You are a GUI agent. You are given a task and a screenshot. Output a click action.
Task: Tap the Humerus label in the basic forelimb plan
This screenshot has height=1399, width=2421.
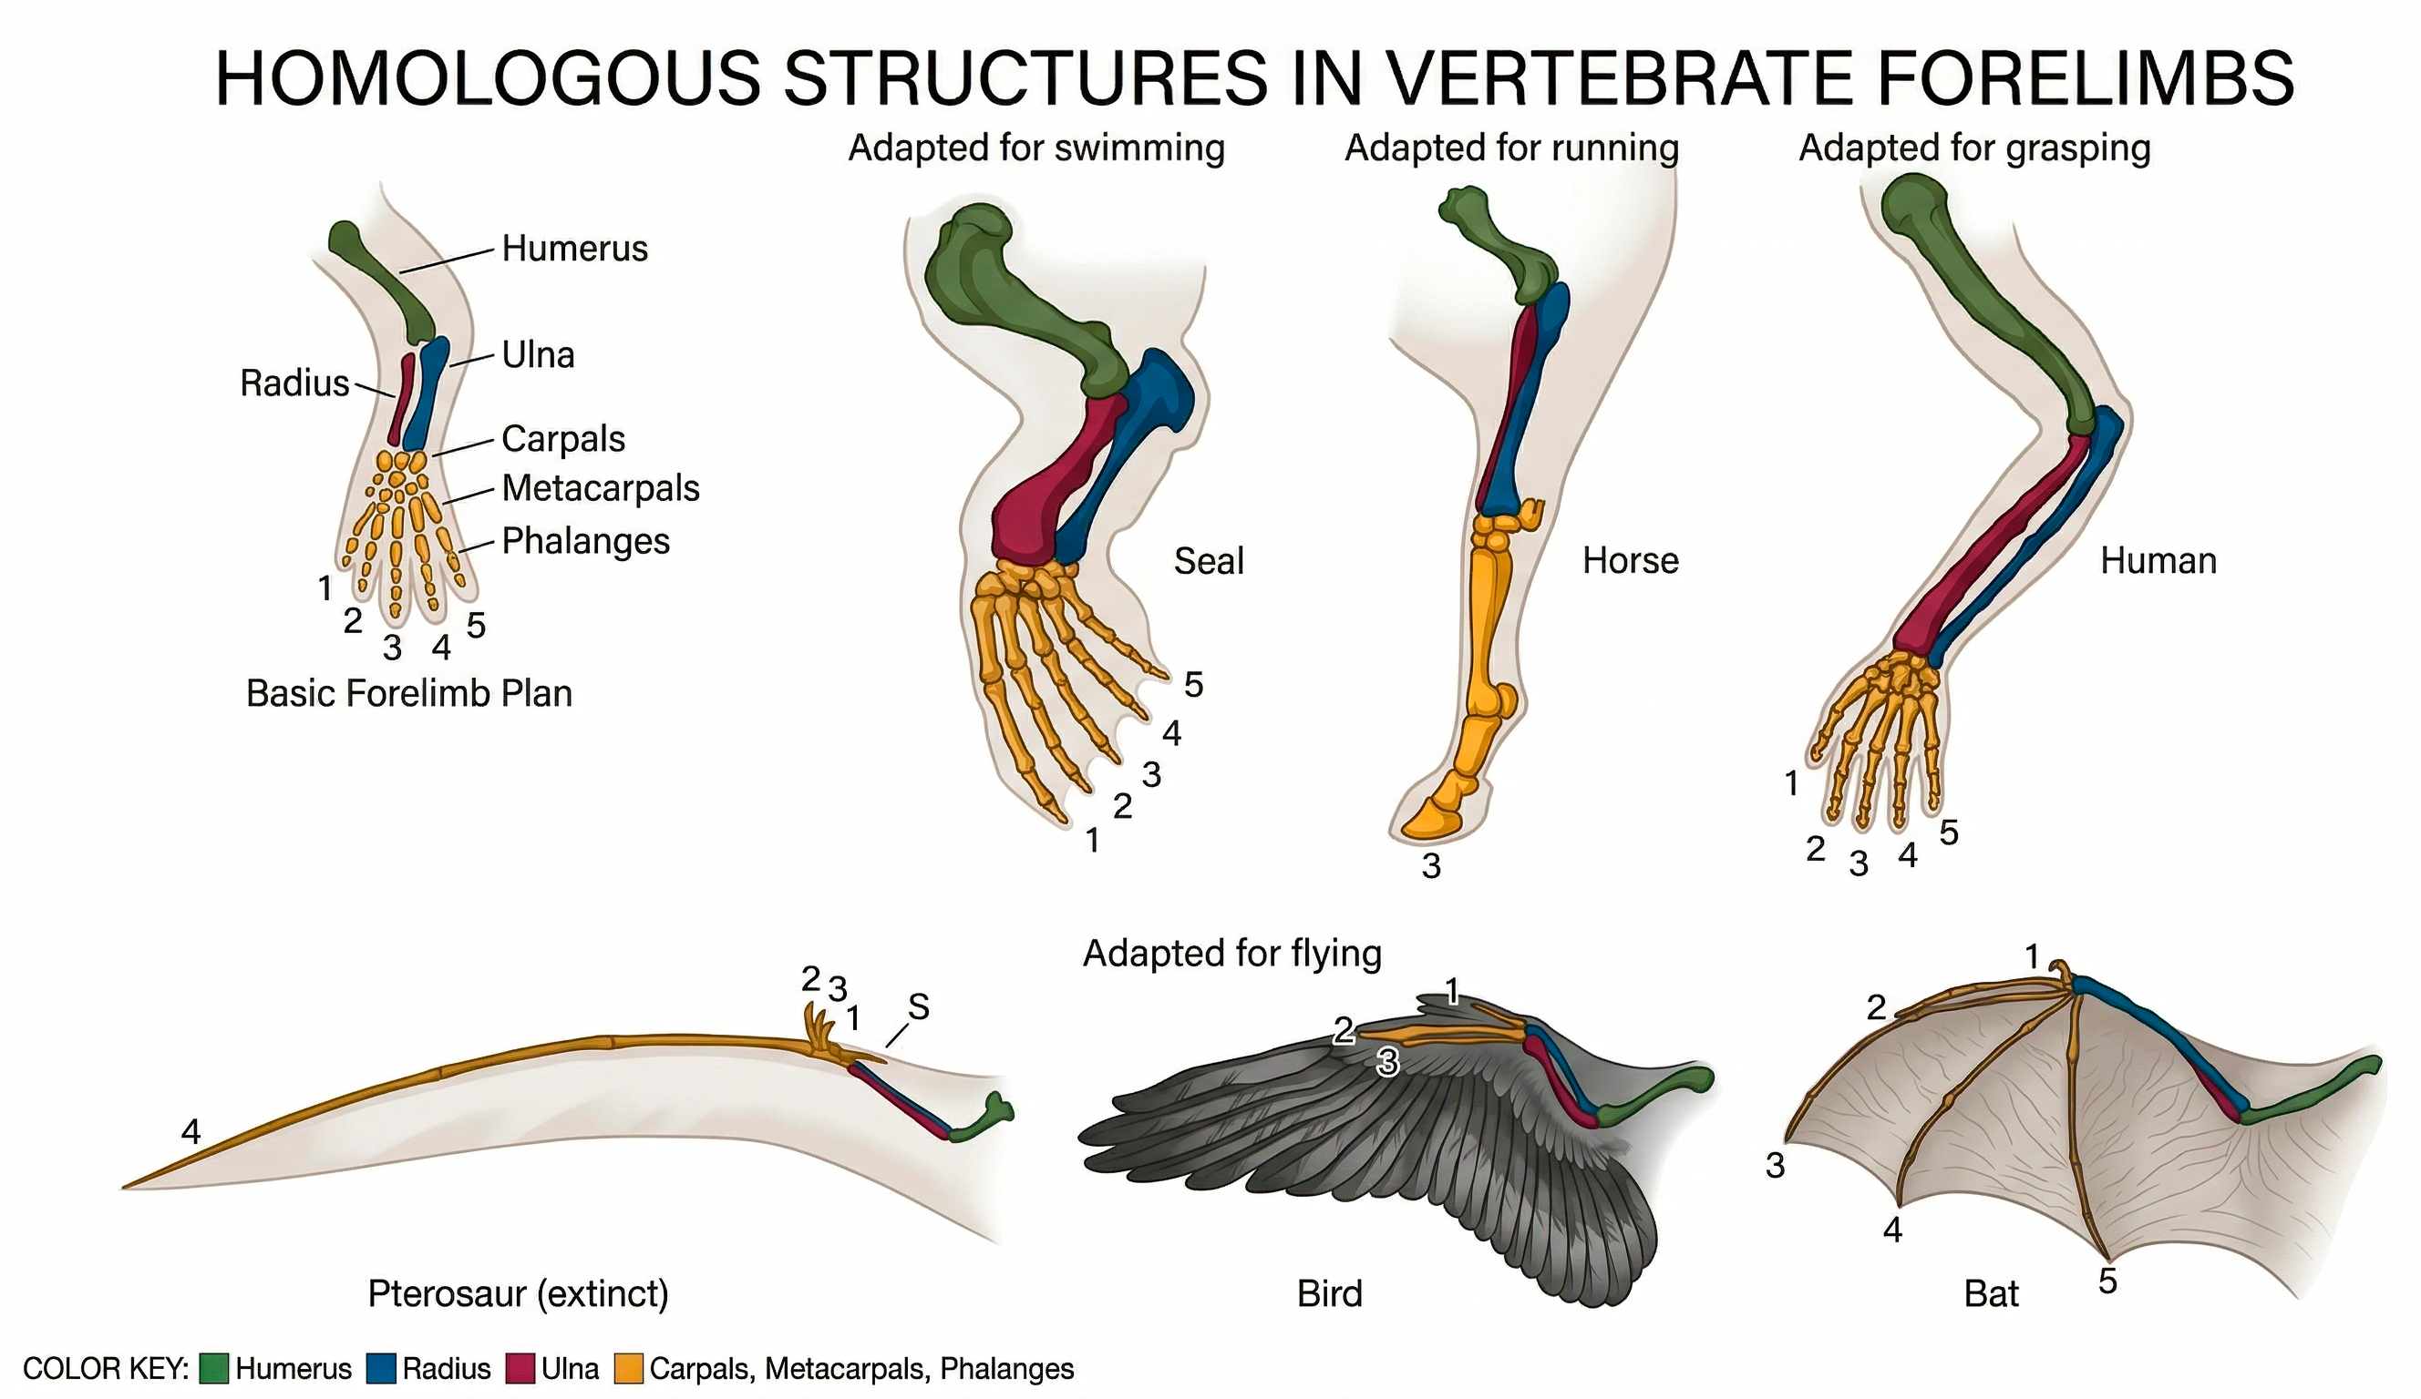(574, 249)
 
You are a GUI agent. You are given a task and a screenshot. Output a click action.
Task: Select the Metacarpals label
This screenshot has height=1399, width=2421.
(601, 489)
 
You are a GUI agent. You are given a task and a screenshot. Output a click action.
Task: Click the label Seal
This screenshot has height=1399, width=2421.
(1209, 561)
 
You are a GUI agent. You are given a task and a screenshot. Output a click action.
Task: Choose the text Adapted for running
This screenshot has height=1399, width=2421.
(1511, 148)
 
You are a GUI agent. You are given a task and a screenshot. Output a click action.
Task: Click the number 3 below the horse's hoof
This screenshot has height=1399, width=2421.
(1431, 867)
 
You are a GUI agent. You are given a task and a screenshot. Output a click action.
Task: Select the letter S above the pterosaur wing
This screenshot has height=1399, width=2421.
(919, 1007)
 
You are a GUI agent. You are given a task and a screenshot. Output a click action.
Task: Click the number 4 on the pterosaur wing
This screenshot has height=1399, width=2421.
(191, 1133)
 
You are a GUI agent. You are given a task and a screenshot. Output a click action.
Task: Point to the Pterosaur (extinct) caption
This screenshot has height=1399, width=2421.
(518, 1293)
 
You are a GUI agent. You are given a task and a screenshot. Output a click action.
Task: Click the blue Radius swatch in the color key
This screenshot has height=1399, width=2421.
(381, 1368)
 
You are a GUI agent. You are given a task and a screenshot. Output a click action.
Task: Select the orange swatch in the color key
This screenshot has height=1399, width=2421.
(629, 1368)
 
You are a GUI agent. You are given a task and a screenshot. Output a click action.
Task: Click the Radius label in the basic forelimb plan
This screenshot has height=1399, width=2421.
(294, 383)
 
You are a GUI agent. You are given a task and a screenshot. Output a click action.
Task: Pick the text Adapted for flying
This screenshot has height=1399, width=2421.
(1231, 954)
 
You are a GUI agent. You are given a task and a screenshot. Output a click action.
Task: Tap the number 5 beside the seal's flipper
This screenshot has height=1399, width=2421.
(1193, 685)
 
